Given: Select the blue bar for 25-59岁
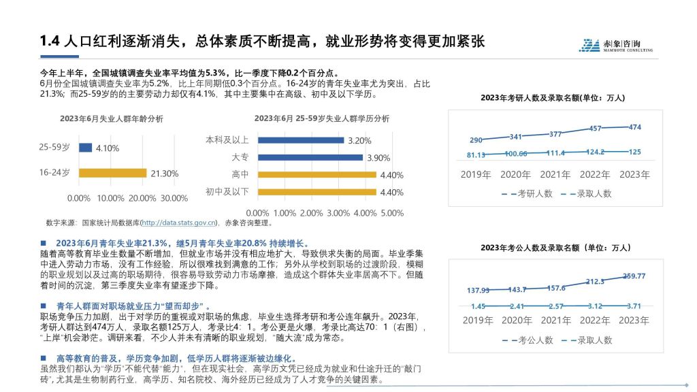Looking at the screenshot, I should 86,148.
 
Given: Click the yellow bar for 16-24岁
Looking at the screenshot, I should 113,173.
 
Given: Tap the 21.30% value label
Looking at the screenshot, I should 164,174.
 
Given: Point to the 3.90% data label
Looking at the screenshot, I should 378,158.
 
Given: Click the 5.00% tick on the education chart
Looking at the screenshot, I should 391,213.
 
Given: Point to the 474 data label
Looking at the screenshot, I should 634,127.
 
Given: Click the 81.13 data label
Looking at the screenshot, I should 476,154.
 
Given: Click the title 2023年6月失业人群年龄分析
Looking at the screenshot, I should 111,118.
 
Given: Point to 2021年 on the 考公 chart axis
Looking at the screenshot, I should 555,321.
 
